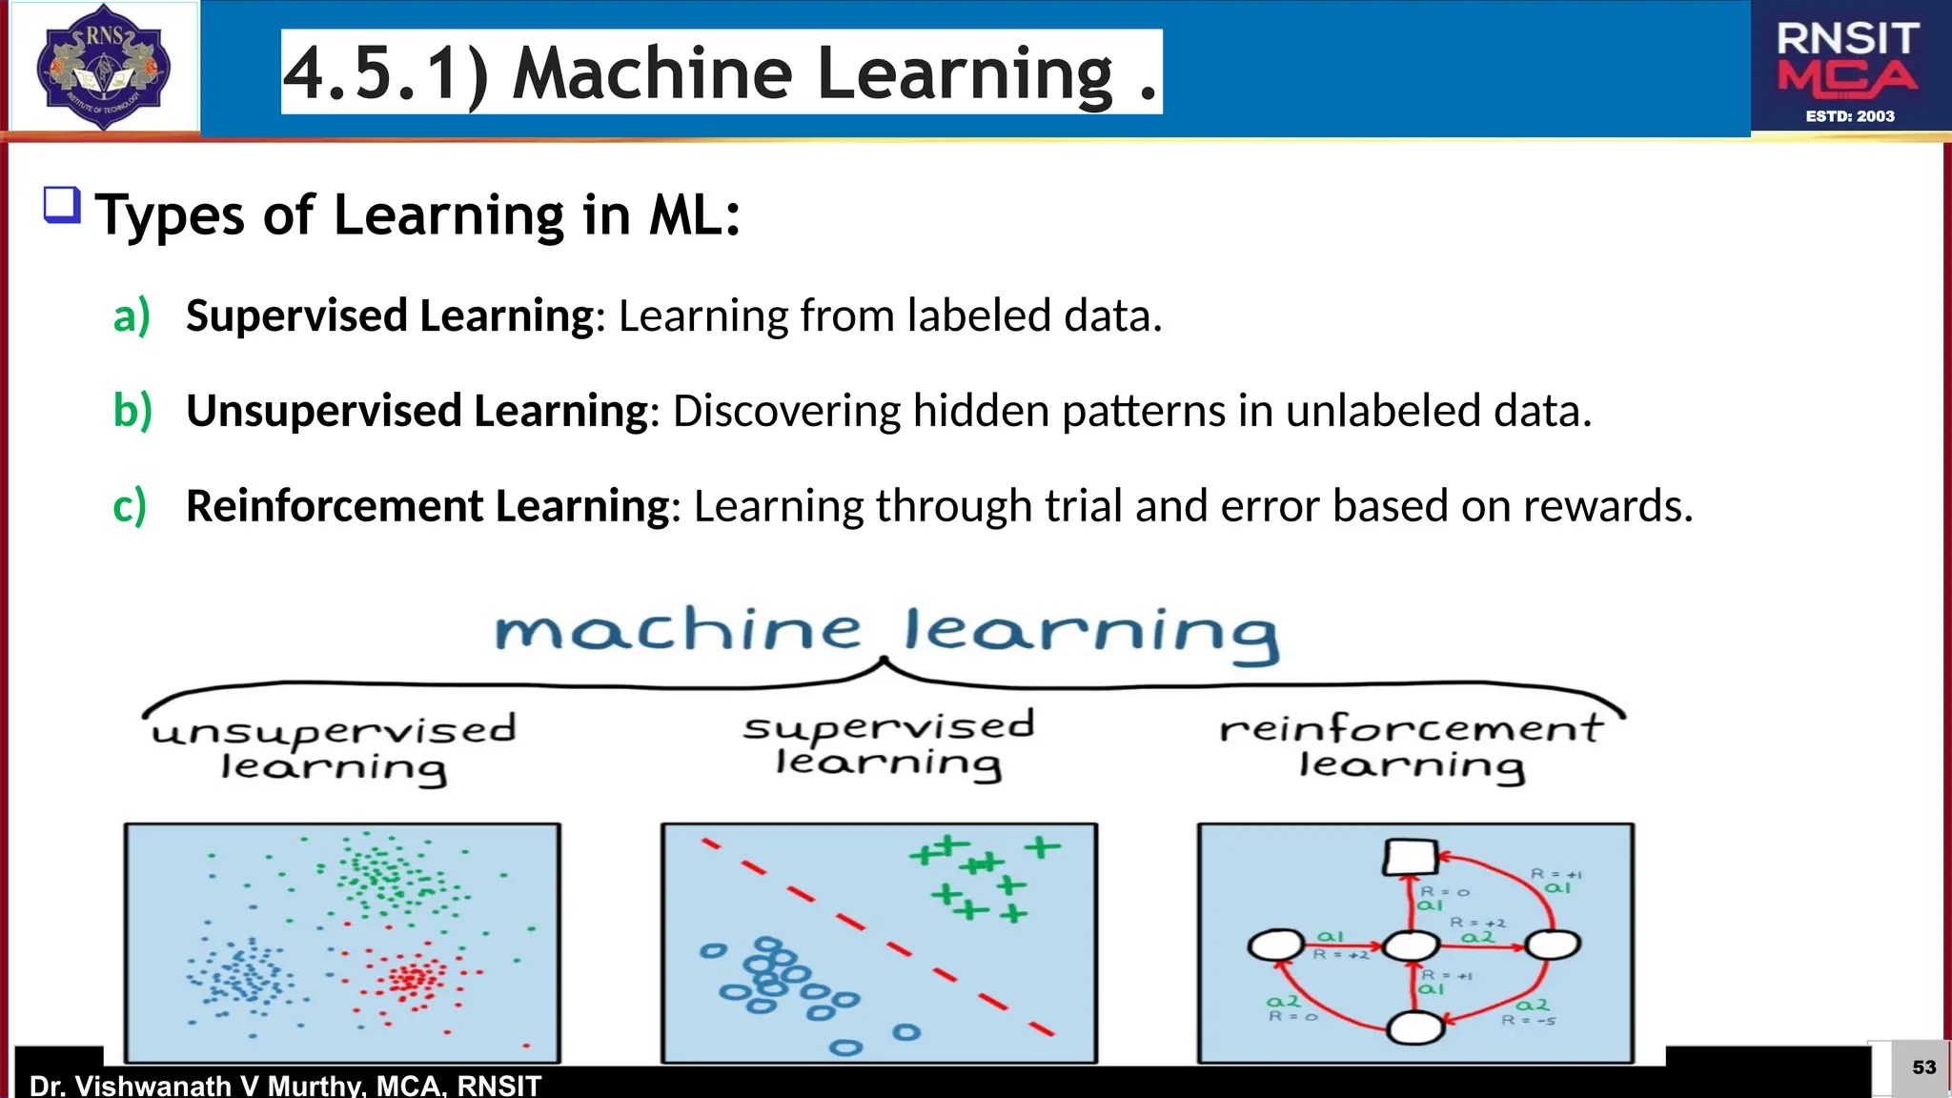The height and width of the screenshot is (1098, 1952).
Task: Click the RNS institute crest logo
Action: (103, 67)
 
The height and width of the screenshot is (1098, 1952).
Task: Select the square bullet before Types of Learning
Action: (62, 205)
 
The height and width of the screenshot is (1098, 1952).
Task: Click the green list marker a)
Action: (132, 315)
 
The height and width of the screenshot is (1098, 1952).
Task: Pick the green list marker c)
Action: (130, 506)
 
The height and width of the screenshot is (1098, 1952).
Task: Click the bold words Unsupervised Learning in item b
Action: (417, 411)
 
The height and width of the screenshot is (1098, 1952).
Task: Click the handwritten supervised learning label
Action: (888, 744)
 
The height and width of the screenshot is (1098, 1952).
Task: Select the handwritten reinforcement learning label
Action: (1412, 746)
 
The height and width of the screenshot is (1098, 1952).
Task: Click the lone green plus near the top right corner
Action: (1042, 846)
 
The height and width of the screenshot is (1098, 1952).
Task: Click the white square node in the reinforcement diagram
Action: (1411, 857)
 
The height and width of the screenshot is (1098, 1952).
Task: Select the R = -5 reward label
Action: (1528, 1021)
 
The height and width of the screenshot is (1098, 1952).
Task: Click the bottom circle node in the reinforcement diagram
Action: (1415, 1028)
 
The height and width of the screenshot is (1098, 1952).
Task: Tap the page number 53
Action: (1923, 1067)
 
